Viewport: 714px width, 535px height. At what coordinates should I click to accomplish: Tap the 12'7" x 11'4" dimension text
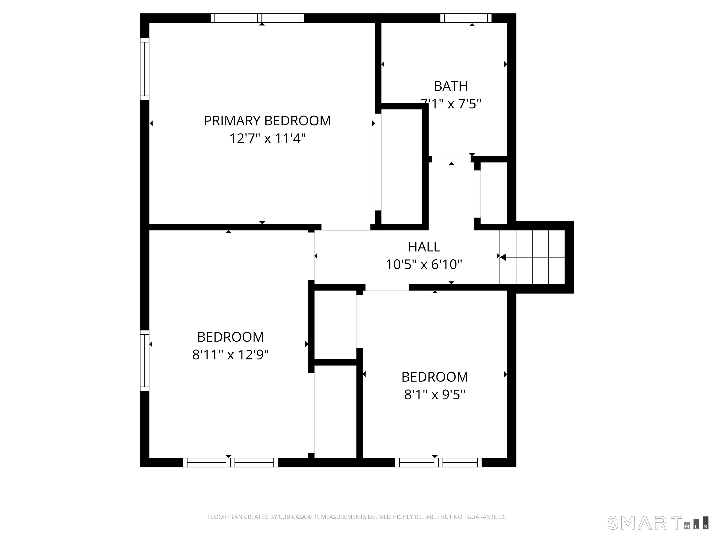(267, 139)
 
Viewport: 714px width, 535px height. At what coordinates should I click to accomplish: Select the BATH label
(451, 86)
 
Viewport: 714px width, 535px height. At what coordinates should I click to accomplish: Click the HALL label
(424, 247)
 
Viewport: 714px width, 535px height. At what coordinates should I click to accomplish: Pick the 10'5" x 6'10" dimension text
(424, 265)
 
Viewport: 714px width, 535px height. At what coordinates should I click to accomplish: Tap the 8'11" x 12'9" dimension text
(231, 355)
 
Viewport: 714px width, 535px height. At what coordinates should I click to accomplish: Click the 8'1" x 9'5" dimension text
(434, 395)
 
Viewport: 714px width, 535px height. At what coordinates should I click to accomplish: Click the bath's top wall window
(466, 18)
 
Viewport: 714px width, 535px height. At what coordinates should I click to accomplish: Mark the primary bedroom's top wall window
(257, 18)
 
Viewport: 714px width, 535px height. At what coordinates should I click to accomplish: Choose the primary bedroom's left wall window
(145, 69)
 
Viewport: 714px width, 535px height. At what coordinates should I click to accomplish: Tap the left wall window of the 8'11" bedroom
(145, 361)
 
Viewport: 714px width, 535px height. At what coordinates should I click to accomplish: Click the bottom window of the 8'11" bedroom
(230, 463)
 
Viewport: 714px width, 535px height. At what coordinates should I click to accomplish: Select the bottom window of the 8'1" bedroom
(438, 463)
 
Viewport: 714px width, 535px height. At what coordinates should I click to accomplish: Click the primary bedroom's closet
(402, 166)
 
